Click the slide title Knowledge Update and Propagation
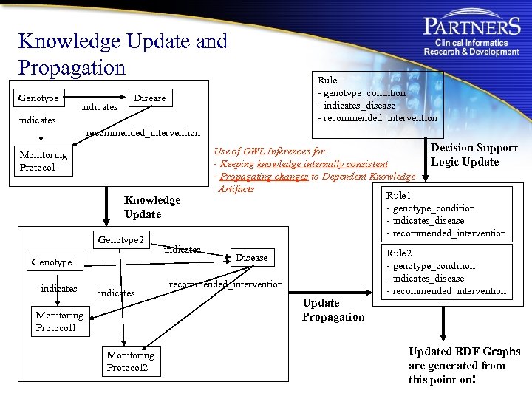[123, 54]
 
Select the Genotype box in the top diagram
[38, 98]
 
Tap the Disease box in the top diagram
[149, 98]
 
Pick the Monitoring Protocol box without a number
[44, 161]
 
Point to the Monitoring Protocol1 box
[60, 321]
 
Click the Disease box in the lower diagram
[251, 257]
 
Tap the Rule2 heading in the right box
[399, 253]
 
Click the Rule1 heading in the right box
[399, 196]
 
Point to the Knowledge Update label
[151, 207]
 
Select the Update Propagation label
[332, 310]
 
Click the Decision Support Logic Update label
[474, 154]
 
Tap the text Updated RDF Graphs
[464, 352]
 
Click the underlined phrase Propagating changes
[257, 177]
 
